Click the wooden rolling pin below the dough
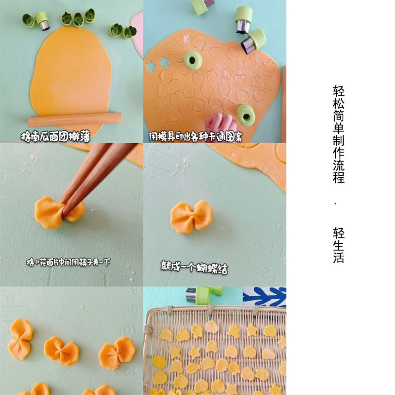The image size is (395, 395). [x=74, y=119]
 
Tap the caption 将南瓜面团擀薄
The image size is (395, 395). [x=55, y=135]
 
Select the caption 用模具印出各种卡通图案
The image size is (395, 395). [x=196, y=136]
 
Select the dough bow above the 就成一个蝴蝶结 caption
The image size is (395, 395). [x=192, y=217]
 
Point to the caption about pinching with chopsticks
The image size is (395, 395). [x=68, y=262]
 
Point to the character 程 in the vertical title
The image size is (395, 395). [x=338, y=178]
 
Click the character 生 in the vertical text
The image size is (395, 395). [x=338, y=245]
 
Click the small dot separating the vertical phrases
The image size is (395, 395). [x=335, y=203]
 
